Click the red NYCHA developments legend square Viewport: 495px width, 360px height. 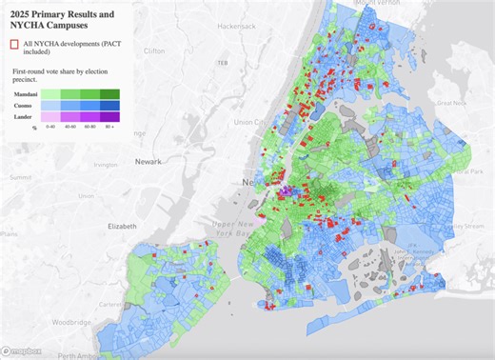click(13, 45)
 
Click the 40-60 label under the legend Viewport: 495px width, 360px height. click(70, 127)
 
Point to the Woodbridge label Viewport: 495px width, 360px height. click(87, 324)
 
